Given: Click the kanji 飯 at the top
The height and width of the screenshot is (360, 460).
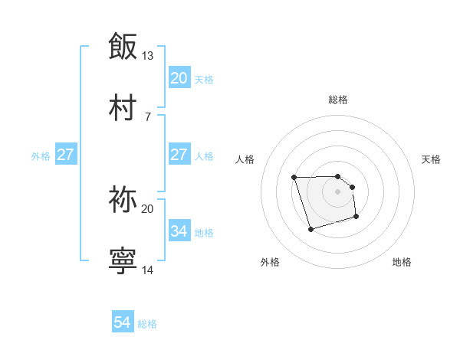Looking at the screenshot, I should [123, 45].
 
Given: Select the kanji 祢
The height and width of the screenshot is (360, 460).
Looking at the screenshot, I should [123, 199].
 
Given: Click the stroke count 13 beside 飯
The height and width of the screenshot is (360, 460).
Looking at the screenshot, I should [147, 56].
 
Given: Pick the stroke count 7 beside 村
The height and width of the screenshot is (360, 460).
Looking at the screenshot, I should [147, 116].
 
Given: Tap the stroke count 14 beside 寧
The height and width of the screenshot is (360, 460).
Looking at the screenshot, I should [147, 270].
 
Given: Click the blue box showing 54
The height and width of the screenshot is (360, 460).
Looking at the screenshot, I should [123, 323].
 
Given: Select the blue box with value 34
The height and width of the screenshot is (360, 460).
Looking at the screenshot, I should [179, 231].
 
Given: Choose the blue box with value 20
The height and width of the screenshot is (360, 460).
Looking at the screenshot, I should [179, 77].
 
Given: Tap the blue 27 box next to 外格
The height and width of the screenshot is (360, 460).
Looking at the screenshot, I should [65, 155].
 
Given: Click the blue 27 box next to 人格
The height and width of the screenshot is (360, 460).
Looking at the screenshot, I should [179, 155].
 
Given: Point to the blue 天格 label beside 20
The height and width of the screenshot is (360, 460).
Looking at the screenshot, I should [204, 80].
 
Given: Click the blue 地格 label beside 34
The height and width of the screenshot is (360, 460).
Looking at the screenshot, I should [204, 233].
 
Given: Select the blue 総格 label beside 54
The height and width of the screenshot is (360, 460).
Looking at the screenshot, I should [147, 325].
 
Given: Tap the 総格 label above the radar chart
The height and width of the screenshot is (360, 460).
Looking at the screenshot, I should [338, 100].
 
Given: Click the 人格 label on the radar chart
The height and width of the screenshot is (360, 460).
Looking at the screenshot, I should [245, 159].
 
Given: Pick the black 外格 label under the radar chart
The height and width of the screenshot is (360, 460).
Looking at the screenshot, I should [270, 263].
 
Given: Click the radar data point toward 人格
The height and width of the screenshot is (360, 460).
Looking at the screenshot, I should [294, 178].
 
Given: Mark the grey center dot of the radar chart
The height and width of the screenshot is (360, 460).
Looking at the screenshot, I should [338, 191].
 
